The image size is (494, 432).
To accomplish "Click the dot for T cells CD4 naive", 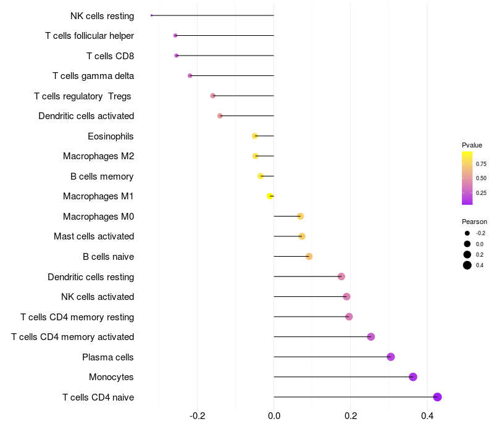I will tap(437, 397).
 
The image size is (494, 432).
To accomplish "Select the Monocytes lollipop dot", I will tap(413, 377).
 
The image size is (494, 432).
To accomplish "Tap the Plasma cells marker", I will tap(391, 357).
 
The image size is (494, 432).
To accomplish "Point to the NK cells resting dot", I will tap(151, 15).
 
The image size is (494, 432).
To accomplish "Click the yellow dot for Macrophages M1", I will tap(270, 196).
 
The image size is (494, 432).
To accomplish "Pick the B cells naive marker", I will tap(309, 256).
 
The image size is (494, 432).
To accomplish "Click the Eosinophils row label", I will tap(111, 136).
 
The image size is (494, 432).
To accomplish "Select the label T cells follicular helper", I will tap(90, 36).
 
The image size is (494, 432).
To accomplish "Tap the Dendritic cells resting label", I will tap(91, 276).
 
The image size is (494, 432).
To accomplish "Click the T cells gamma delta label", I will tap(93, 76).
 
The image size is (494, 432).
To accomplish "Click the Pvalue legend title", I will tap(472, 145).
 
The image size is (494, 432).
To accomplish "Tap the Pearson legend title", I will tap(474, 222).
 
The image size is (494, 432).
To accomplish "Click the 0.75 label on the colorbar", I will tap(481, 164).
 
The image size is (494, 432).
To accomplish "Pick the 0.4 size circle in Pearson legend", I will tap(467, 265).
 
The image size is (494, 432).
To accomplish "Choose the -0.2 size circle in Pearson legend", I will tap(467, 233).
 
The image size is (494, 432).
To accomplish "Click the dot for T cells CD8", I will tap(177, 56).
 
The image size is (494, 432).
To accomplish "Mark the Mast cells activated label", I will tap(94, 236).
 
